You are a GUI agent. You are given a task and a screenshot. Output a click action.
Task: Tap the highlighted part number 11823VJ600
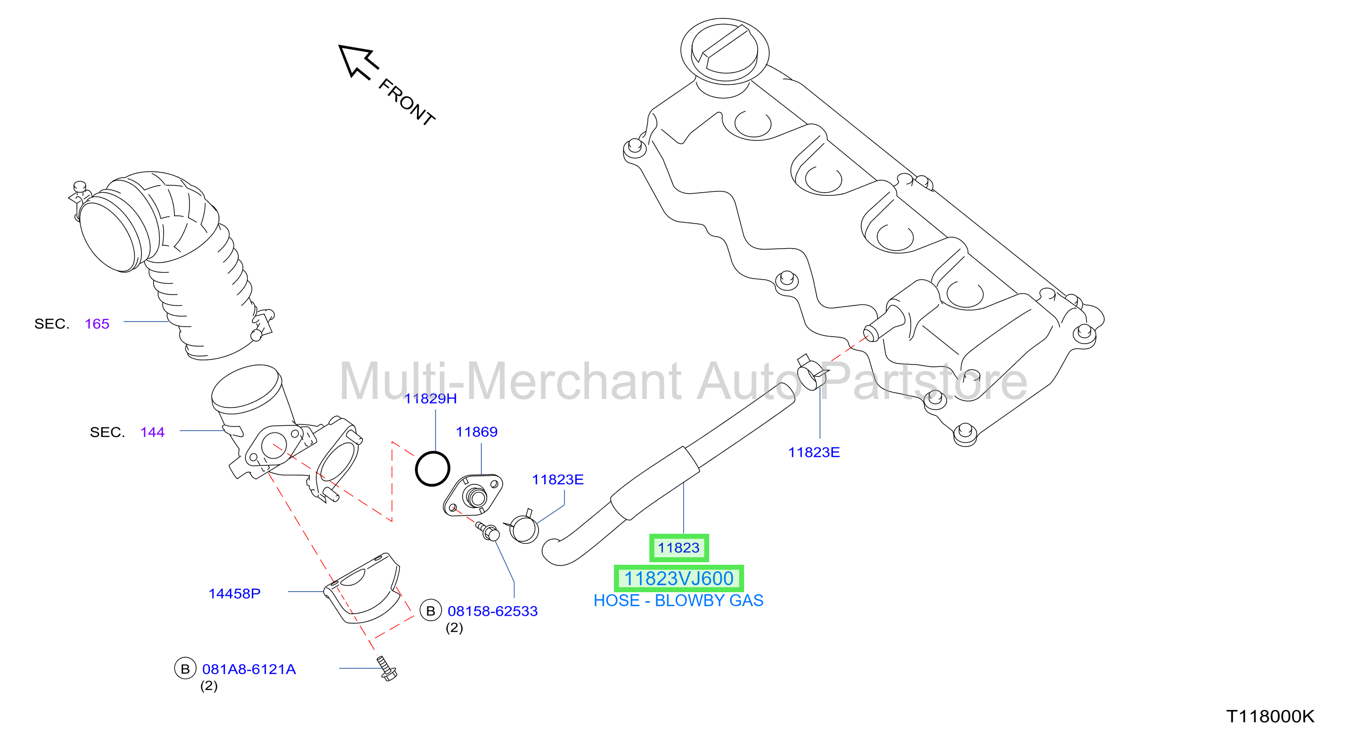point(678,578)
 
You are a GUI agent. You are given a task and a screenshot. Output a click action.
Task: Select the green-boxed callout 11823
point(679,548)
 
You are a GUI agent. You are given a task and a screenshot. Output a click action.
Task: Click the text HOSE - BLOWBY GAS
point(678,600)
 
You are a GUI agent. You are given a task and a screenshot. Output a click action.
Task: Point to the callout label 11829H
point(430,398)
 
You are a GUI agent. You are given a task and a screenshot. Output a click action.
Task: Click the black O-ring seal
point(432,468)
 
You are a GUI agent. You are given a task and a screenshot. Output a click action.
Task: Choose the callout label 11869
point(477,432)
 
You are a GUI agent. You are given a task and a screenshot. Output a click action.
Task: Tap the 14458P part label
point(234,593)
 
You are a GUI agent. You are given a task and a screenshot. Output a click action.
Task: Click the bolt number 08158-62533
point(492,611)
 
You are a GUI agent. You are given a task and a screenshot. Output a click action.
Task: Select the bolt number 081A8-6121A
point(249,669)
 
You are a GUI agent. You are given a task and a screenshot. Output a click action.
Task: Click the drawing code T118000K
point(1270,716)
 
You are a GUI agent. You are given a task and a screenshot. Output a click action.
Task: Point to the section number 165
point(97,324)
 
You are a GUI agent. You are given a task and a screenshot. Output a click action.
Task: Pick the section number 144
point(152,432)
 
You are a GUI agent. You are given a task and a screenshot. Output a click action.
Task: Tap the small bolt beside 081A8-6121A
point(388,668)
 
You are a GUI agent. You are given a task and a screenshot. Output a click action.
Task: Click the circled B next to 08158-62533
point(430,611)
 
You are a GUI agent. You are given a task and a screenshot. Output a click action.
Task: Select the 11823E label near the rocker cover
point(813,452)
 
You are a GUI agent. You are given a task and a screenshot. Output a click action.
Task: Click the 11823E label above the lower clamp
point(558,480)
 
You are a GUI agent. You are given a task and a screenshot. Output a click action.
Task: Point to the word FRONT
point(407,102)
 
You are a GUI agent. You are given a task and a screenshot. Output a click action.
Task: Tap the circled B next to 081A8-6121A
point(185,669)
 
